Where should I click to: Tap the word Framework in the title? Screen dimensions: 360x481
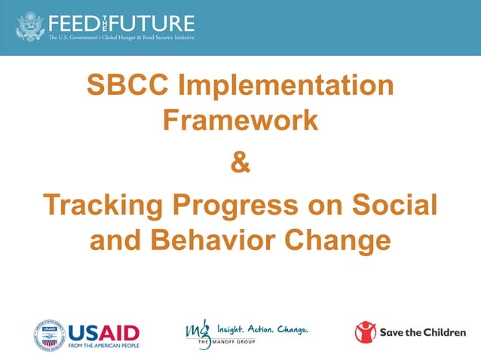coord(240,120)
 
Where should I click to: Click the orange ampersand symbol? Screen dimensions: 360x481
coord(240,162)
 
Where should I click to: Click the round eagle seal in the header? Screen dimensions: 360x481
coord(30,26)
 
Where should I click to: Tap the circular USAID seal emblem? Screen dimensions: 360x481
coord(48,332)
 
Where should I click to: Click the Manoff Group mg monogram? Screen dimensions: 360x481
coord(198,332)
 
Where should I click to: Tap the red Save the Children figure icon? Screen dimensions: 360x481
coord(366,331)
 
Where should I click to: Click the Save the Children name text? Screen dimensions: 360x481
coord(422,332)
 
